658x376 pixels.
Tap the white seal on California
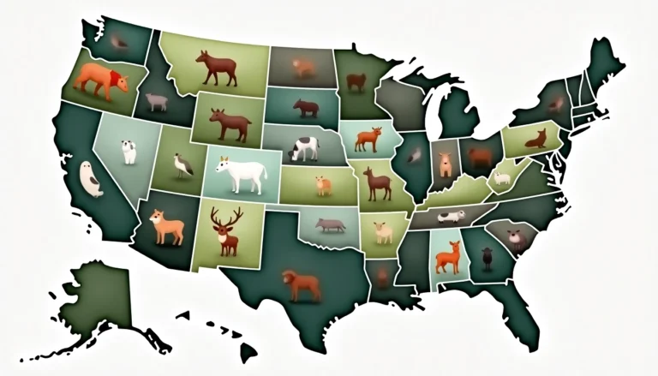click(91, 179)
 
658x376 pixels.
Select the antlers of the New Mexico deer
click(227, 215)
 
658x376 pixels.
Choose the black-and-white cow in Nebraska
click(304, 148)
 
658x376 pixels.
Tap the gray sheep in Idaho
click(156, 102)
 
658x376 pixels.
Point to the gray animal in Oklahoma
click(329, 225)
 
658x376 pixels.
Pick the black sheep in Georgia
click(487, 254)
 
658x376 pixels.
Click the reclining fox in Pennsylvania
click(535, 138)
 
